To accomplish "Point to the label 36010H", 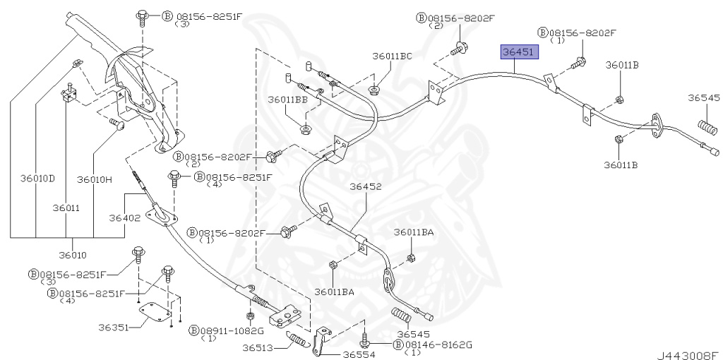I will point(94,179).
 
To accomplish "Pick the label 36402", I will point(124,218).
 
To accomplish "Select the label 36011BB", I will point(287,100).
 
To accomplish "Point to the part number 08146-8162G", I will point(438,344).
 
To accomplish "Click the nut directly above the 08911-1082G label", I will point(250,315).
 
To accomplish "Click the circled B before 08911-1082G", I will point(193,330).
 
